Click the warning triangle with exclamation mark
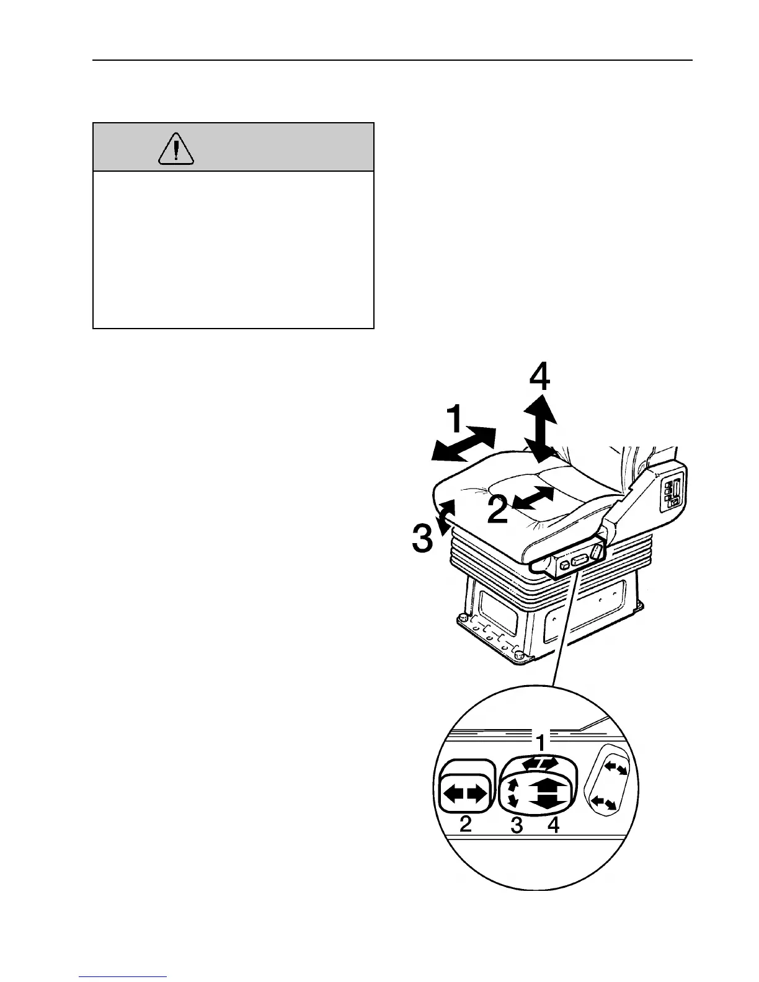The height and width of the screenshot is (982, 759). pyautogui.click(x=176, y=149)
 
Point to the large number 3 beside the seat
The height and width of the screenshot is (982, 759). pyautogui.click(x=423, y=538)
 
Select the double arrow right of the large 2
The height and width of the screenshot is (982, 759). pyautogui.click(x=534, y=498)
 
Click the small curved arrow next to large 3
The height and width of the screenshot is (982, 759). pyautogui.click(x=445, y=516)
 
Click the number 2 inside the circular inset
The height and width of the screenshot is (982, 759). pyautogui.click(x=465, y=825)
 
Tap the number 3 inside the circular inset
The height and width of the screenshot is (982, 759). pyautogui.click(x=516, y=825)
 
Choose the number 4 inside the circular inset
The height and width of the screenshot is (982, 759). pyautogui.click(x=553, y=825)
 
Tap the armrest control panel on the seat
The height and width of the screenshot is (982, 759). pyautogui.click(x=672, y=493)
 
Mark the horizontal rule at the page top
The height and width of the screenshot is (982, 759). pyautogui.click(x=392, y=60)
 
